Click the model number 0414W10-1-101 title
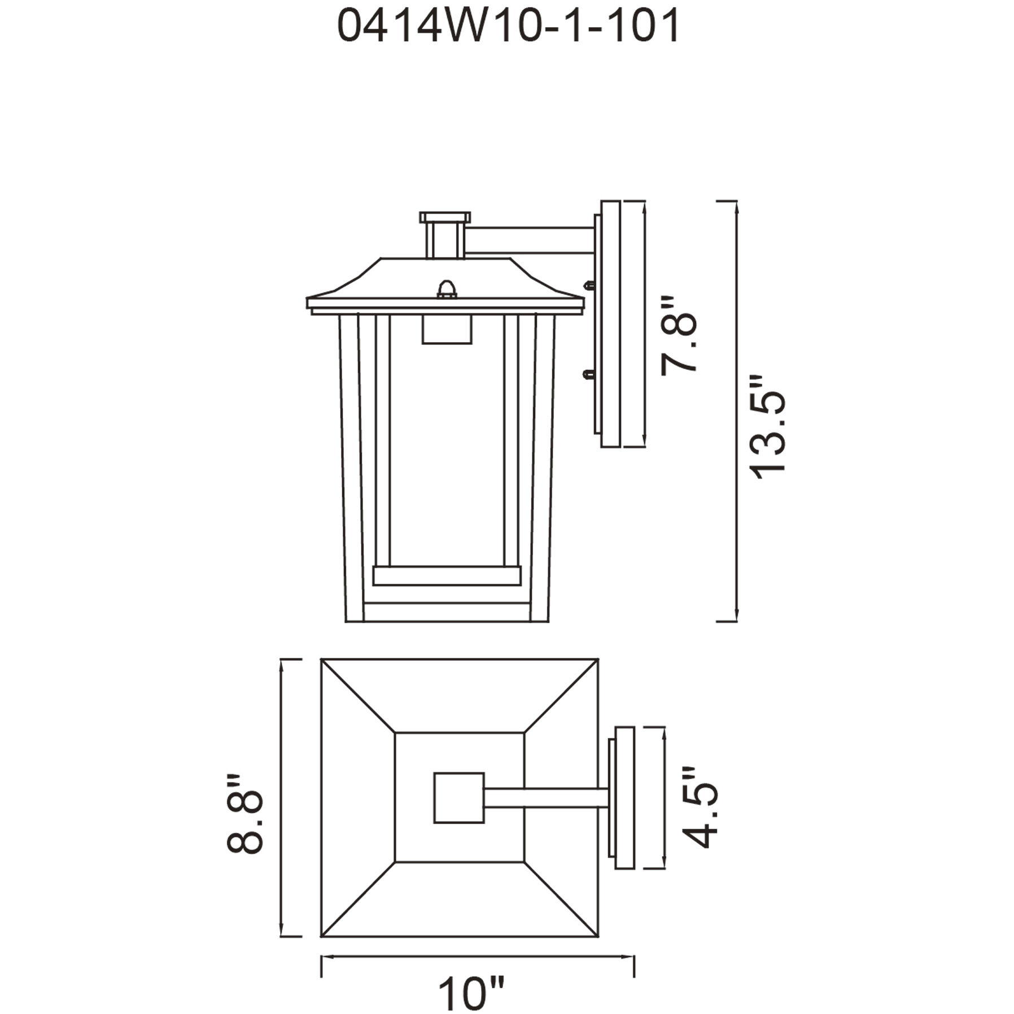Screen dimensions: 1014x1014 click(508, 27)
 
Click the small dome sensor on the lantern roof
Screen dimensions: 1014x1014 click(446, 289)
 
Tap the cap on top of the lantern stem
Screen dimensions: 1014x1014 click(444, 217)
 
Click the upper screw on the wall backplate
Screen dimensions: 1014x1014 click(590, 286)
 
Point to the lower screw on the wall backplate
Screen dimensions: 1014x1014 click(588, 373)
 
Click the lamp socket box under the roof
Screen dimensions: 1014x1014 click(446, 329)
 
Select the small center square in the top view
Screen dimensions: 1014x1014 click(458, 798)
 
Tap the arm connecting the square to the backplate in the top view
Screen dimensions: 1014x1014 click(545, 798)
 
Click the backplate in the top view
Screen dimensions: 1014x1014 click(623, 798)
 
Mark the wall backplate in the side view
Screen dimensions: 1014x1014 click(610, 324)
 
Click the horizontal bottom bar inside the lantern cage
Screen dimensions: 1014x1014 click(446, 575)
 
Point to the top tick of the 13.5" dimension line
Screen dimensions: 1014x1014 click(727, 201)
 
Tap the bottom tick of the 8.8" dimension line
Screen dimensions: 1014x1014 click(291, 936)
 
